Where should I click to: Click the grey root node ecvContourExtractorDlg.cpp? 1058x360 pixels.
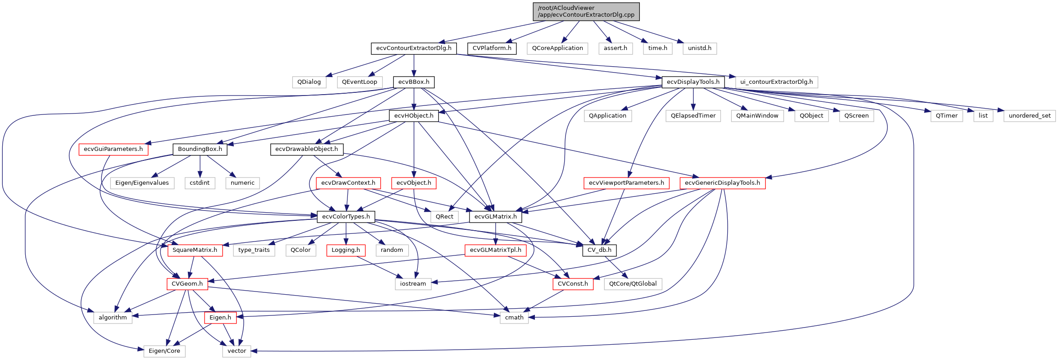(586, 11)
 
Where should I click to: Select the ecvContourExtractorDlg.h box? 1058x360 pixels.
(414, 48)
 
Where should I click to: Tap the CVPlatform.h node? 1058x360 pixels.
(492, 48)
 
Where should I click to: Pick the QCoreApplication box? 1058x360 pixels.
(557, 48)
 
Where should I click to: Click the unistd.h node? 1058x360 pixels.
(699, 48)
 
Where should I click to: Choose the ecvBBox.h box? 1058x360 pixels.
(414, 82)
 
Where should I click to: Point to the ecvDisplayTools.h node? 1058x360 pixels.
(693, 82)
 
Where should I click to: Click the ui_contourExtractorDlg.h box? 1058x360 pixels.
(776, 82)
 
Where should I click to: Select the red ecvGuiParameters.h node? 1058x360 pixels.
(113, 149)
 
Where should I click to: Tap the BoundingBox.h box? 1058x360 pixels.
(200, 149)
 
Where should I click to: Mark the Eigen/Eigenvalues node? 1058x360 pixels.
(142, 183)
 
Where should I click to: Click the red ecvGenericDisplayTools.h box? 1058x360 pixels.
(722, 183)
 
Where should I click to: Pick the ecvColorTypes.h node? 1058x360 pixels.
(346, 217)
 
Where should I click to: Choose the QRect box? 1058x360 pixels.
(444, 217)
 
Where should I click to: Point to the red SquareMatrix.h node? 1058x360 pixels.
(195, 250)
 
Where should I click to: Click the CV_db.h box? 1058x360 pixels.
(599, 250)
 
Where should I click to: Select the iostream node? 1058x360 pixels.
(413, 284)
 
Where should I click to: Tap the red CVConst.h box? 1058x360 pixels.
(573, 284)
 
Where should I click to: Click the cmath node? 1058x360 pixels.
(514, 318)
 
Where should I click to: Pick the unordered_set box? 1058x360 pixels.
(1029, 116)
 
